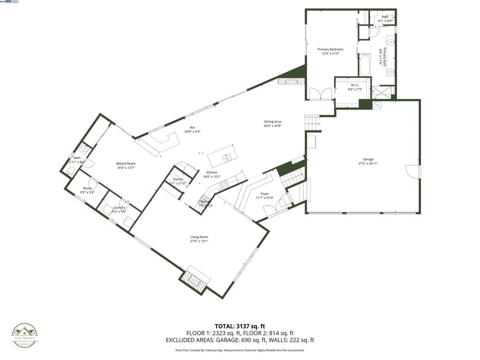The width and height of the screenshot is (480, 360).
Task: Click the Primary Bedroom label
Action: click(x=330, y=49)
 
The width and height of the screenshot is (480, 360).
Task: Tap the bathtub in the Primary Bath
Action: click(x=365, y=65)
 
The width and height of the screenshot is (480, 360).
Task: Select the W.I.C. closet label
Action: click(x=354, y=85)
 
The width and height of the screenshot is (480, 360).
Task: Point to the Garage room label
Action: click(x=368, y=159)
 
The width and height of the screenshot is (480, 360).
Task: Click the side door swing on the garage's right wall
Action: click(x=412, y=171)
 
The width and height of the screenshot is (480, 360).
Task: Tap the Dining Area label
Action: click(x=272, y=122)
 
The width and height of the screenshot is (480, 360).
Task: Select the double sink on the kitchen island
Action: click(x=227, y=157)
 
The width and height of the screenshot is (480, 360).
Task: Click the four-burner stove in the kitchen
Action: click(x=225, y=184)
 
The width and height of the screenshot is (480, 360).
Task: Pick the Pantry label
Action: click(x=178, y=179)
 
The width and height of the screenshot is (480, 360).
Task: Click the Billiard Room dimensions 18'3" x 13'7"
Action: click(x=126, y=167)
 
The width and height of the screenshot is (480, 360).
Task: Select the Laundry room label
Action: click(x=119, y=207)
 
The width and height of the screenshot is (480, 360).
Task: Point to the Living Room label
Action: click(x=199, y=237)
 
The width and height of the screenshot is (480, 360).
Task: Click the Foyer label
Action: click(x=265, y=193)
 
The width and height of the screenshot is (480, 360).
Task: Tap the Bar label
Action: click(x=192, y=127)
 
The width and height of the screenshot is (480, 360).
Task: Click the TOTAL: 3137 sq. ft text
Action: click(x=240, y=326)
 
